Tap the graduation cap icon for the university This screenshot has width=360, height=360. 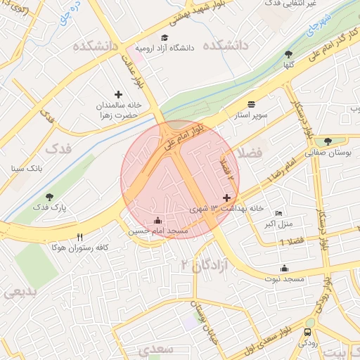(x=165, y=38)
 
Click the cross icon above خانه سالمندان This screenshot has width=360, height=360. (x=118, y=94)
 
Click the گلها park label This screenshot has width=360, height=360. (x=288, y=64)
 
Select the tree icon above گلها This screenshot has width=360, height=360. (x=288, y=54)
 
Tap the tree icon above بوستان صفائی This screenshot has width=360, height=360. (x=328, y=141)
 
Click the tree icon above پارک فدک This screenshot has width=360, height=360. (x=49, y=198)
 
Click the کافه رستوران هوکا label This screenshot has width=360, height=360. (x=80, y=247)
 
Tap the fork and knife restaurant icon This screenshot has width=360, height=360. (x=80, y=237)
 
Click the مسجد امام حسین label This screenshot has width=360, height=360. (x=157, y=231)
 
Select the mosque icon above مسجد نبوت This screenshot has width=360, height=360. (x=284, y=268)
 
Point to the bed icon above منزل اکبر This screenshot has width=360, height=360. (x=278, y=214)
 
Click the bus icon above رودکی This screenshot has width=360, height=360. (x=308, y=332)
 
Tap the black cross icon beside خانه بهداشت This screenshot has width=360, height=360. (x=226, y=198)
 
